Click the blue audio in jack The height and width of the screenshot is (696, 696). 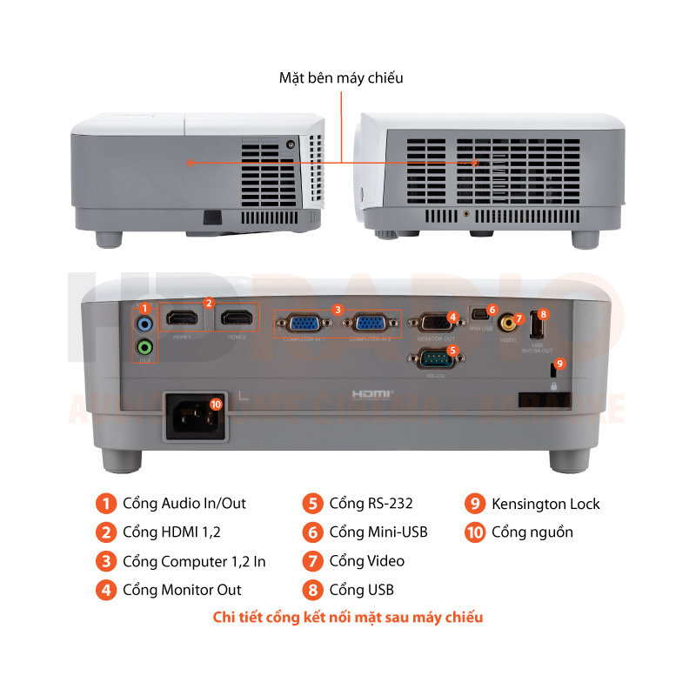tap(145, 325)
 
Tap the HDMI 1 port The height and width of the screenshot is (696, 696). tap(182, 320)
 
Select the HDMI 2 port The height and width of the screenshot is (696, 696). tap(234, 320)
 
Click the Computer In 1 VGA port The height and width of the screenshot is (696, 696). tap(303, 325)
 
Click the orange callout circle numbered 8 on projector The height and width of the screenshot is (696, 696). tap(543, 313)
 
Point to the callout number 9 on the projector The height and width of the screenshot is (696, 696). tap(560, 363)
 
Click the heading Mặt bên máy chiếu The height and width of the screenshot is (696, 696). tap(341, 78)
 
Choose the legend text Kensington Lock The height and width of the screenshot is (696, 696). tap(545, 504)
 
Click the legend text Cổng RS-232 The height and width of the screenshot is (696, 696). tap(371, 504)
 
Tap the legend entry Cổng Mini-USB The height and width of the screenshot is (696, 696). tap(378, 532)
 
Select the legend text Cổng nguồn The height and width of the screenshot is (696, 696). tap(532, 532)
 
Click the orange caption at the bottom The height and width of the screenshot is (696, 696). tap(348, 618)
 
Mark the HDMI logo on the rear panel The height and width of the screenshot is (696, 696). tap(373, 394)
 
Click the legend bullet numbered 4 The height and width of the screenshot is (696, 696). tap(105, 589)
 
